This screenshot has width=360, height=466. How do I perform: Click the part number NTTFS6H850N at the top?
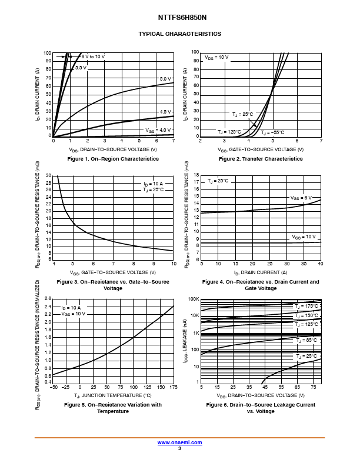click(x=179, y=18)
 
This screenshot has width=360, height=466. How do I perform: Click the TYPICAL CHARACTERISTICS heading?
click(x=179, y=34)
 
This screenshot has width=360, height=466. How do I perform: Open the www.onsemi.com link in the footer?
click(x=179, y=442)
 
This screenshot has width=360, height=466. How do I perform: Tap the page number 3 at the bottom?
click(x=179, y=448)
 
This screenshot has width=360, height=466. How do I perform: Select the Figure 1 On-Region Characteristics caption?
click(x=113, y=159)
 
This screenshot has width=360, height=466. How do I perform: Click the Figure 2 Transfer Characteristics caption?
click(x=261, y=159)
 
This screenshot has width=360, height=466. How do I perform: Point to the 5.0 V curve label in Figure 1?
click(x=165, y=79)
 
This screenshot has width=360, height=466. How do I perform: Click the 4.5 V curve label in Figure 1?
click(x=165, y=112)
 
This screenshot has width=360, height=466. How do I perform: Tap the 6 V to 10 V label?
click(x=93, y=56)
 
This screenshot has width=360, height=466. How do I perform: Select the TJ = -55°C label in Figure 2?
click(x=272, y=132)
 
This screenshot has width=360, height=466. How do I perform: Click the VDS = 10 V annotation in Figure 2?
click(x=216, y=57)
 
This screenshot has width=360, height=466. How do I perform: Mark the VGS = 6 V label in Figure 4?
click(x=301, y=198)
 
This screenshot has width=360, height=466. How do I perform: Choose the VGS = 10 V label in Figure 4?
click(x=304, y=237)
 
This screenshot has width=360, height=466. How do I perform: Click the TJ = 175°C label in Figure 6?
click(x=306, y=307)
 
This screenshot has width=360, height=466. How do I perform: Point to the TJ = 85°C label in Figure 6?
click(x=306, y=341)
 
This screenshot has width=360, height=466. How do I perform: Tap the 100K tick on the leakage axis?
click(x=194, y=299)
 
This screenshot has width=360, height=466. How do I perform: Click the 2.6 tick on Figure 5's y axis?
click(x=48, y=299)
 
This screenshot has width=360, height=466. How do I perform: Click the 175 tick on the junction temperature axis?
click(x=174, y=388)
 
